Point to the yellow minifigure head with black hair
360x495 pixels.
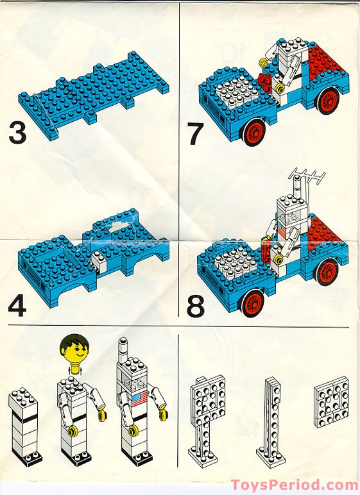click(x=74, y=351)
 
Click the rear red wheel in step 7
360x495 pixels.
click(x=328, y=100)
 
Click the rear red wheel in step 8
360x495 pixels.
click(x=327, y=272)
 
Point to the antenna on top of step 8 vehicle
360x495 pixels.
click(x=307, y=174)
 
